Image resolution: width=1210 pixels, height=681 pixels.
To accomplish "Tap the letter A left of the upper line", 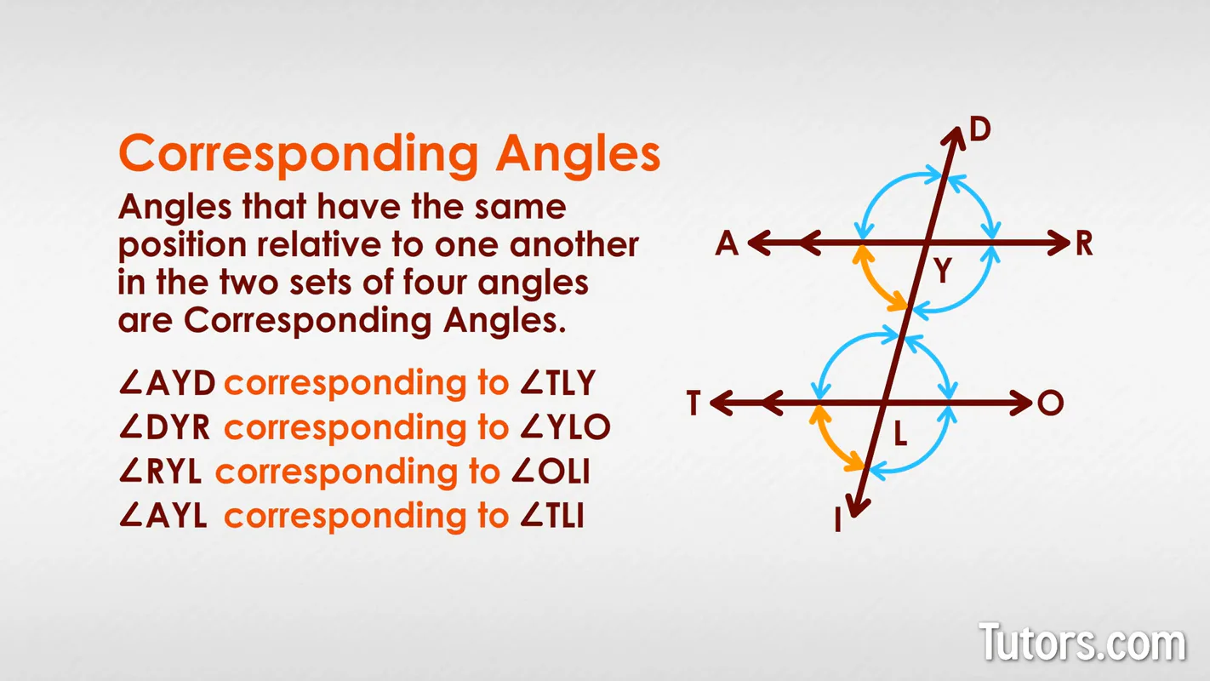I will (727, 244).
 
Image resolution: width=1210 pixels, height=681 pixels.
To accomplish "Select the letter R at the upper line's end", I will (1083, 244).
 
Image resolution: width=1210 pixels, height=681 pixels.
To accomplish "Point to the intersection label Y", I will (942, 272).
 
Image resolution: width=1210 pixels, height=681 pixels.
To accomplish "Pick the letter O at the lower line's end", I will (1051, 403).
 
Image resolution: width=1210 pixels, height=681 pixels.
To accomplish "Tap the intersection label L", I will (900, 437).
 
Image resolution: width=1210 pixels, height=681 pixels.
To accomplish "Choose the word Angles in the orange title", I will (579, 154).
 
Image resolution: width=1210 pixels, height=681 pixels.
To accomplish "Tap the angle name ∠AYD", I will (168, 384).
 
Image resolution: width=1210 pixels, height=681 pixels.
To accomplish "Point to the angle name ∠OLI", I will (551, 472).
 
